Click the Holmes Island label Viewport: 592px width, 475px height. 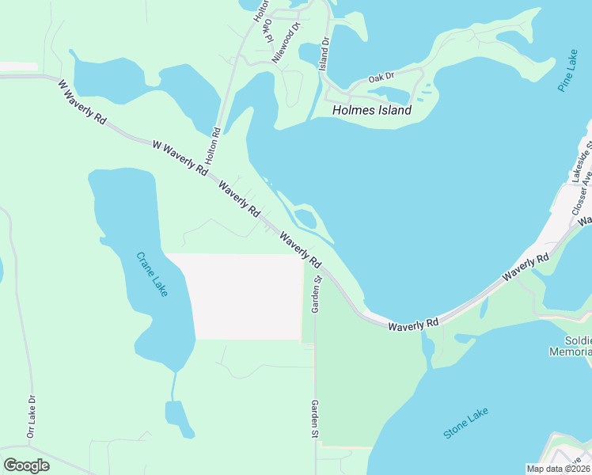[372, 111]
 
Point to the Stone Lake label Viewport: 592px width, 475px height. [465, 423]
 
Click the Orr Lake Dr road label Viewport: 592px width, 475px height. [32, 416]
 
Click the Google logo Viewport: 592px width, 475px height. [26, 465]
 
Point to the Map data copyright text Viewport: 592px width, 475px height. [559, 469]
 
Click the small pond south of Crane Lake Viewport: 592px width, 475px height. [178, 417]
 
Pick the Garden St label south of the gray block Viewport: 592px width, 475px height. [314, 420]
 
